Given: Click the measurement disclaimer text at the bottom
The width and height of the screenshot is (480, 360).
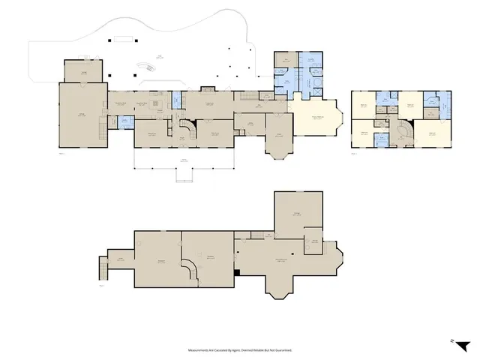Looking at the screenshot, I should coord(240,349).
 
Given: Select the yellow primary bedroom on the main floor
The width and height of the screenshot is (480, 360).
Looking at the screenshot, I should coord(314,118).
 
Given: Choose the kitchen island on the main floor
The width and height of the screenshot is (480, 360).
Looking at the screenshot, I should coord(157,104).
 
